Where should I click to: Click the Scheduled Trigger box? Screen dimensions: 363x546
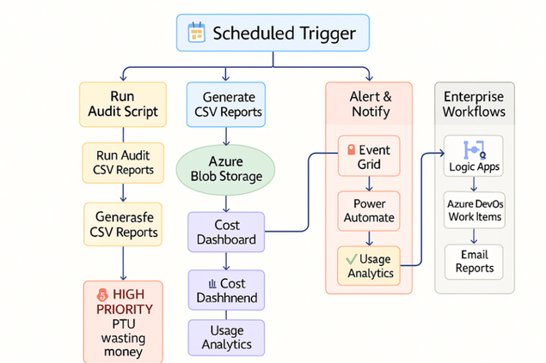tap(273, 33)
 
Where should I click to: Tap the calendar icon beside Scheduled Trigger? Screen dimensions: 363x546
tap(196, 34)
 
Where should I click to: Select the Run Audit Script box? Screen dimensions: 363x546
tap(122, 105)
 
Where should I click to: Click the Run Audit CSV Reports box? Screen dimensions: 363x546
tap(124, 162)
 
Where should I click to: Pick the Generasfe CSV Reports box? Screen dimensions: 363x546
tap(124, 224)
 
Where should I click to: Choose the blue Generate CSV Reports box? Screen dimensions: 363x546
tap(226, 105)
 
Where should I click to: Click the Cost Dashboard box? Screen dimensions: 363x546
tap(226, 232)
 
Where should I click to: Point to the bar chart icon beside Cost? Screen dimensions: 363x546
tap(210, 283)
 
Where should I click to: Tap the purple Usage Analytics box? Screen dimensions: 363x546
tap(226, 337)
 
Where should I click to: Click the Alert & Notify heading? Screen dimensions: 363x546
tap(371, 105)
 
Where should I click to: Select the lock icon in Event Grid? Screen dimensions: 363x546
tap(351, 149)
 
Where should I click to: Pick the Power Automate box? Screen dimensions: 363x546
tap(369, 211)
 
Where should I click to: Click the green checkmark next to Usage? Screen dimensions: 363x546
tap(350, 257)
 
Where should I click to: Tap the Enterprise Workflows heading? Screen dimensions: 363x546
tap(474, 105)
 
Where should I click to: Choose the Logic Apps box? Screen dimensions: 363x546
tap(474, 157)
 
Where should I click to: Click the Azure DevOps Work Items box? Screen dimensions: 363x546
tap(474, 211)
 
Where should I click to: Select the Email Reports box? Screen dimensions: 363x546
tap(474, 261)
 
